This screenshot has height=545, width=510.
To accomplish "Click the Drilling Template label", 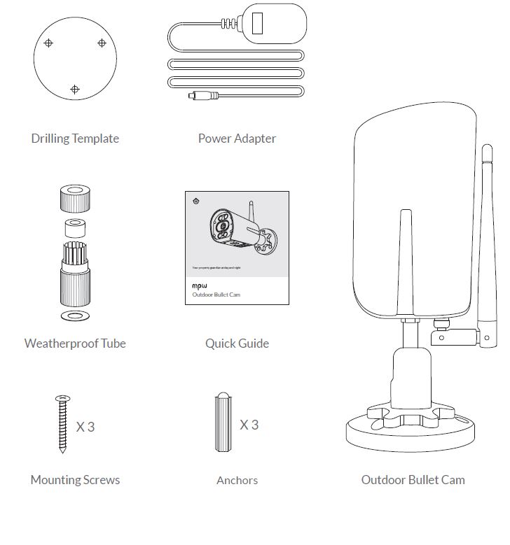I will (x=75, y=138).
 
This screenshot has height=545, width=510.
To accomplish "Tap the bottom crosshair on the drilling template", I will (x=75, y=90).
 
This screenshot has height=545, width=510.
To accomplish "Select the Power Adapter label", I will (x=237, y=138).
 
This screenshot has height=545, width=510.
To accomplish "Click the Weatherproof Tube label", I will (x=75, y=343).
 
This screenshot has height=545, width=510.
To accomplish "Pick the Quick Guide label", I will (x=237, y=343).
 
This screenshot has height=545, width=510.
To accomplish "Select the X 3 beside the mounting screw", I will (x=85, y=426).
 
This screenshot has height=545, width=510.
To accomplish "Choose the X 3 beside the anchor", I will (x=249, y=425).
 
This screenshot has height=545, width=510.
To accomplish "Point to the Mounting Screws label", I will (x=75, y=479).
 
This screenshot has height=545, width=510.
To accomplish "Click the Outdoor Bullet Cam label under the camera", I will (x=413, y=479).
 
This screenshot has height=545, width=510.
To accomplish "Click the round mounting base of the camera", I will (x=413, y=430).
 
